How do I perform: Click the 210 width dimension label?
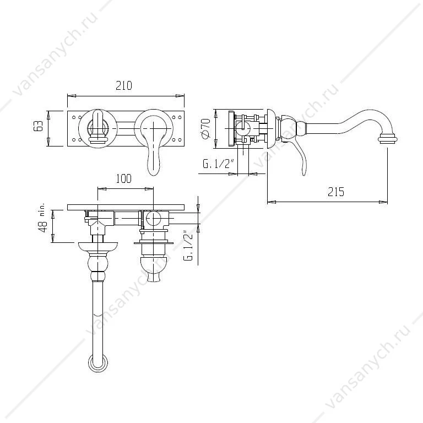pos(124,85)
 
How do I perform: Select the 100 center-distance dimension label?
pos(123,178)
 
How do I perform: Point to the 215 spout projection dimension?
pos(336,192)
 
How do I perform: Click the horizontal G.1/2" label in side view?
pos(218,164)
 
